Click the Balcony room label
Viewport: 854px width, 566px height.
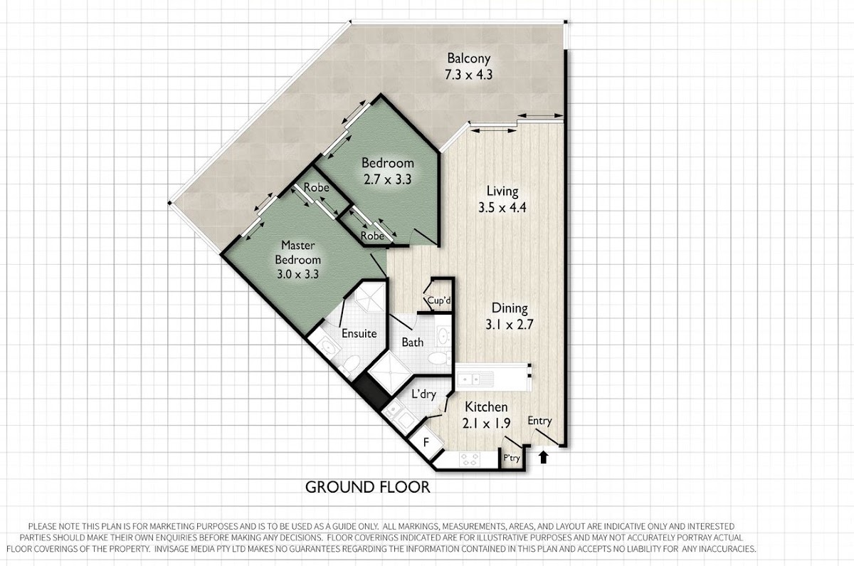click(x=468, y=58)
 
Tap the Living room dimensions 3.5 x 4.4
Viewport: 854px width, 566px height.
click(x=502, y=207)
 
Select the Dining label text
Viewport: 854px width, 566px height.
click(x=510, y=308)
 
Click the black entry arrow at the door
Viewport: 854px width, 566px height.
click(x=544, y=457)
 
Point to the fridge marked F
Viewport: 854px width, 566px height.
click(x=426, y=442)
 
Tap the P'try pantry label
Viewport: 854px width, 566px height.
click(x=512, y=458)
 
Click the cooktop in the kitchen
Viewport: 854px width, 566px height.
click(x=470, y=458)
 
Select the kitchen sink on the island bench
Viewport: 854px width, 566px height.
click(x=475, y=379)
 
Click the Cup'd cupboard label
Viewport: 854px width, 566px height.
click(x=439, y=300)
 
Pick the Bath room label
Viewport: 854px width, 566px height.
click(x=413, y=342)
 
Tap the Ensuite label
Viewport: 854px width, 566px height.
click(x=359, y=333)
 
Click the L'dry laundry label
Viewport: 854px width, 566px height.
click(x=423, y=394)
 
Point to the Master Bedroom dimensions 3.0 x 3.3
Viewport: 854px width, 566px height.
click(x=297, y=274)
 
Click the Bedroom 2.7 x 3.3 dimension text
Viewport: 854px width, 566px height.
click(x=387, y=179)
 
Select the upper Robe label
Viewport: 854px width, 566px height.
click(x=316, y=187)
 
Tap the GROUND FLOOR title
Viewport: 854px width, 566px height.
click(x=367, y=487)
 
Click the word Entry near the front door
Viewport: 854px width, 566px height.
click(x=540, y=421)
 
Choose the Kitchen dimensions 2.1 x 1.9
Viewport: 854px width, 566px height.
click(x=486, y=423)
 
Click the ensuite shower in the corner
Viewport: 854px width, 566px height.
click(x=367, y=299)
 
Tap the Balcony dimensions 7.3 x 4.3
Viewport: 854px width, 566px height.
click(x=468, y=74)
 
